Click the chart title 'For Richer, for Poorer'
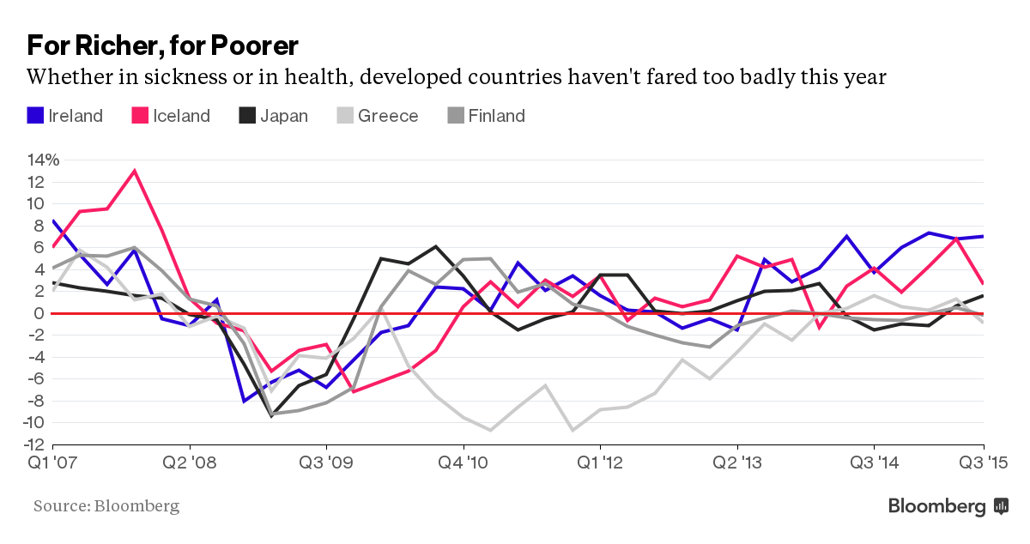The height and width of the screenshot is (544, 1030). pos(162,45)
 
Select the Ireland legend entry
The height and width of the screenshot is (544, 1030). pos(65,116)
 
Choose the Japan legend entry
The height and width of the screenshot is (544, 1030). pos(273,116)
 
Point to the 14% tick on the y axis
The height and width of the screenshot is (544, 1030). pos(43,160)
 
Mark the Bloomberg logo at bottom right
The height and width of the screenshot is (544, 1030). pos(948,506)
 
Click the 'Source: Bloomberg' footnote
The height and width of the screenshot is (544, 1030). pos(106,506)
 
